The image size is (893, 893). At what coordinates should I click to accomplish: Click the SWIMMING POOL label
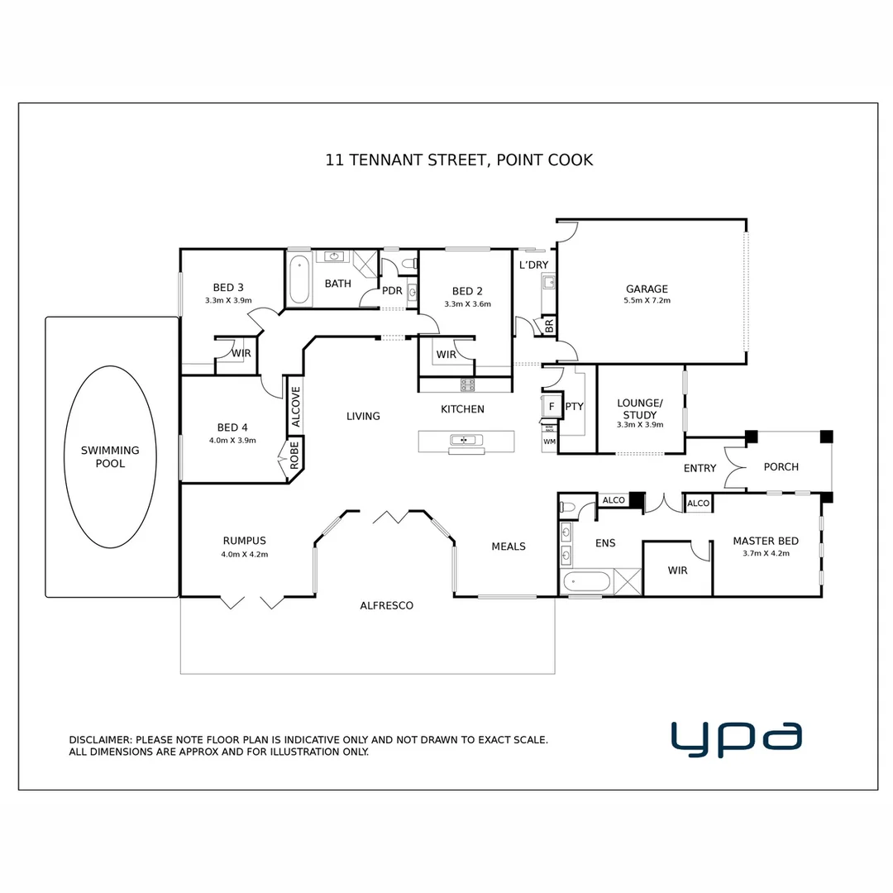pyautogui.click(x=110, y=457)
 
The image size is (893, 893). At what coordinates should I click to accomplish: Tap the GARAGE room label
pyautogui.click(x=647, y=289)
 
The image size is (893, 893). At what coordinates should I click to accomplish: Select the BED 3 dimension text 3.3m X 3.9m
pyautogui.click(x=228, y=301)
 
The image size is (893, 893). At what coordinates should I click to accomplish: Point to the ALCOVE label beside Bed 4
pyautogui.click(x=296, y=406)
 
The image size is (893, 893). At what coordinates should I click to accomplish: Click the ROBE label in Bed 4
pyautogui.click(x=294, y=455)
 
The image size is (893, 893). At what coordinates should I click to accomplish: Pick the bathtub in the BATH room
pyautogui.click(x=299, y=279)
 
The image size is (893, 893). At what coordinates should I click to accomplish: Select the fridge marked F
pyautogui.click(x=551, y=407)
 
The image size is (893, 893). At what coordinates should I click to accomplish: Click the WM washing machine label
pyautogui.click(x=549, y=442)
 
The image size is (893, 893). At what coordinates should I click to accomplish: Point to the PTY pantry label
pyautogui.click(x=574, y=407)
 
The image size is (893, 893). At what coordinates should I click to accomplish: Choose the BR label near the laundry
pyautogui.click(x=549, y=325)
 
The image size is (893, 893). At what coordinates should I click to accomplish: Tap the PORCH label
pyautogui.click(x=781, y=467)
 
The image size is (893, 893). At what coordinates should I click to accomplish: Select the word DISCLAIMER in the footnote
pyautogui.click(x=99, y=740)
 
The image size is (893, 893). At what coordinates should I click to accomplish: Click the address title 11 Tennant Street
pyautogui.click(x=459, y=160)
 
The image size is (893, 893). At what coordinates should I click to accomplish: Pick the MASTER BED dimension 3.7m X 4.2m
pyautogui.click(x=766, y=554)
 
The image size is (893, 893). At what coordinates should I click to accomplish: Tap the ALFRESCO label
pyautogui.click(x=386, y=606)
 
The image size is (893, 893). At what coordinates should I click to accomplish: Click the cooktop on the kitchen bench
pyautogui.click(x=467, y=384)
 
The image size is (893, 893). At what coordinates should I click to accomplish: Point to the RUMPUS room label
pyautogui.click(x=244, y=542)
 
